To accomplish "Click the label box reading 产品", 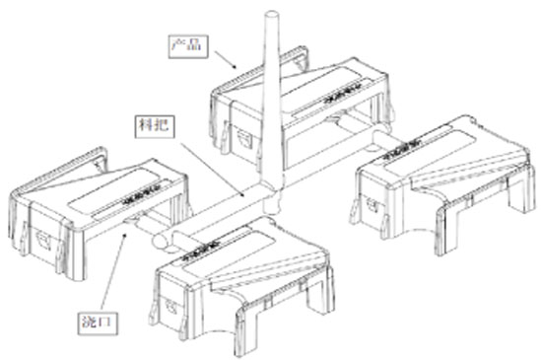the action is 188,46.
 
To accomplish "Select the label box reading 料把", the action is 155,126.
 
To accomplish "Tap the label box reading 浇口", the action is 98,324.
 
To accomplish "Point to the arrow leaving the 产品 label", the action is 226,59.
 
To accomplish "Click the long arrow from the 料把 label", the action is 213,170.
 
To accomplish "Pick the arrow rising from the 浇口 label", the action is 113,271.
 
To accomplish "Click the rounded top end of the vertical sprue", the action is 272,15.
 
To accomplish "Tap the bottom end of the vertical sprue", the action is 271,209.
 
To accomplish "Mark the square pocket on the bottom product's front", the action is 171,307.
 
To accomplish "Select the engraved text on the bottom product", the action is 200,249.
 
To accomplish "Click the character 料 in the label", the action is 146,126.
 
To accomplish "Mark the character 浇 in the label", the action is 90,323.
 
